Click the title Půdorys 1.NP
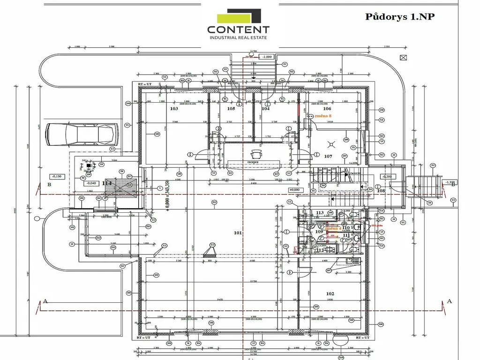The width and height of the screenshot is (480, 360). tap(400, 17)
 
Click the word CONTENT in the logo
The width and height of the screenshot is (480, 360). tap(239, 30)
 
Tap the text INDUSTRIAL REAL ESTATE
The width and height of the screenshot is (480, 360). tap(239, 37)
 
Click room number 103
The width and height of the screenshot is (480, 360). tap(174, 108)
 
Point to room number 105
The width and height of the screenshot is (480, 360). tap(231, 108)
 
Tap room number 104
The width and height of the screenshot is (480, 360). tap(266, 108)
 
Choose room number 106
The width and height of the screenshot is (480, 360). tap(327, 108)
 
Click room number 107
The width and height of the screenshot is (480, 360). tap(328, 156)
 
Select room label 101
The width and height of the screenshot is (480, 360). tap(238, 232)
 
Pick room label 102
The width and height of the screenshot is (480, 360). tap(330, 293)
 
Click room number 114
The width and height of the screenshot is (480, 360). tap(106, 183)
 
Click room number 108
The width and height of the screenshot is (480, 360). tap(381, 191)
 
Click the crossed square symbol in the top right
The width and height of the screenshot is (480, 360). tap(403, 57)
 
